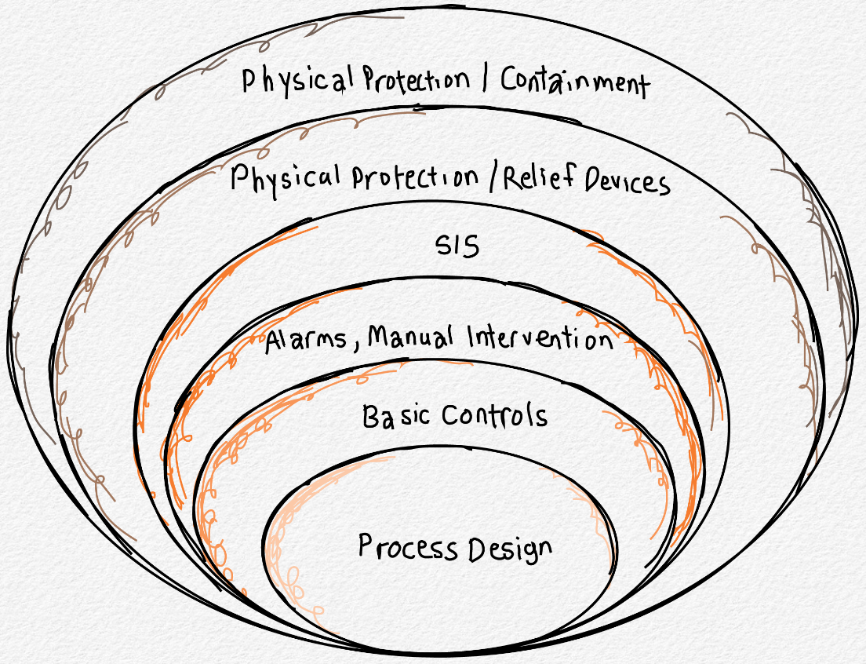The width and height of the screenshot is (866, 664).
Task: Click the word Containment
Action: tap(575, 82)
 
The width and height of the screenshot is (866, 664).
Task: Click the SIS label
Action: tap(457, 246)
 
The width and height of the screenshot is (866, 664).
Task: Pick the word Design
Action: tap(510, 549)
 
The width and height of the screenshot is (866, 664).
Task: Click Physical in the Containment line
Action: tap(293, 80)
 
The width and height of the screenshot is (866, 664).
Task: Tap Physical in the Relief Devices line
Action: tap(286, 180)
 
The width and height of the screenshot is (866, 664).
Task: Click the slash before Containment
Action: tap(487, 81)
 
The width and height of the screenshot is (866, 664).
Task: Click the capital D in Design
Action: tap(479, 548)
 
